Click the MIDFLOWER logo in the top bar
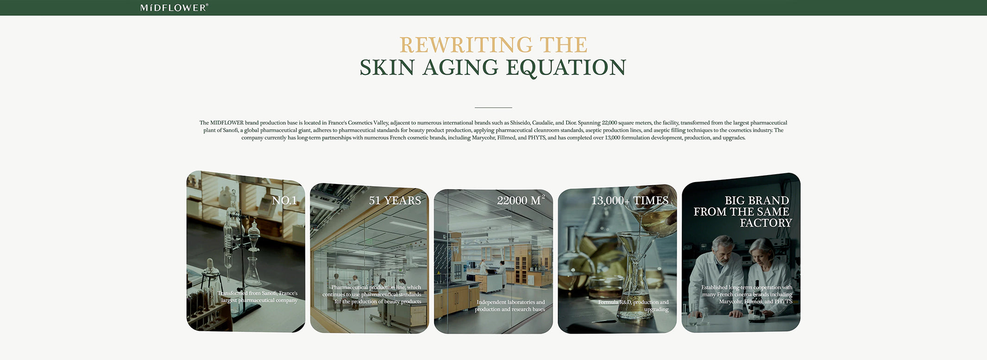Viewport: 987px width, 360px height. click(174, 7)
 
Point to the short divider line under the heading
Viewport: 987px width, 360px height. click(493, 107)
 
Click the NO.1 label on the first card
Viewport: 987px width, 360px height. click(284, 201)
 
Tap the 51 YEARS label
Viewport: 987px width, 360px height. click(395, 201)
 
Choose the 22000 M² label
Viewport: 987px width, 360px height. click(521, 200)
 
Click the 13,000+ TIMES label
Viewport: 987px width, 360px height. click(630, 201)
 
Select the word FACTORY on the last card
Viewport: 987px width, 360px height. click(766, 223)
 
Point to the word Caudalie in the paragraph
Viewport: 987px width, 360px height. click(542, 123)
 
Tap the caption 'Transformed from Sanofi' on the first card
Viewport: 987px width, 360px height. click(258, 297)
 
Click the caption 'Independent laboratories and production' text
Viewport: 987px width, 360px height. click(510, 306)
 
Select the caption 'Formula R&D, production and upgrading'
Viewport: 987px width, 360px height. click(634, 306)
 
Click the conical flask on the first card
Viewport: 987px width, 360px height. click(252, 272)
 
